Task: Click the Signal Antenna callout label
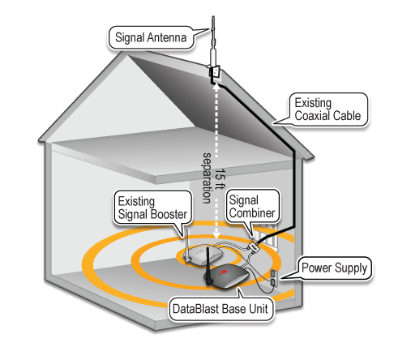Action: pyautogui.click(x=151, y=37)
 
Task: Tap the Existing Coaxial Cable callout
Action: pyautogui.click(x=328, y=109)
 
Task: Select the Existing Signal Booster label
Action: pyautogui.click(x=152, y=208)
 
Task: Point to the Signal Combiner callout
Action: pyautogui.click(x=252, y=207)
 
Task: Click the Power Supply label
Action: pyautogui.click(x=334, y=268)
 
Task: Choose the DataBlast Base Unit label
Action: pyautogui.click(x=221, y=309)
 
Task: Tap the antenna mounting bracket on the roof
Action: pyautogui.click(x=215, y=71)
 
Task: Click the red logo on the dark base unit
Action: pyautogui.click(x=223, y=272)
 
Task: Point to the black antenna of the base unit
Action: pyautogui.click(x=208, y=265)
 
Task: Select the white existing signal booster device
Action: pyautogui.click(x=203, y=254)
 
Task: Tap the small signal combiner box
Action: pyautogui.click(x=254, y=247)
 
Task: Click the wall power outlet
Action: pyautogui.click(x=273, y=278)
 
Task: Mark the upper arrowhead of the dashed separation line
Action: pyautogui.click(x=216, y=87)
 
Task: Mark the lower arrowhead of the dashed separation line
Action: pyautogui.click(x=216, y=234)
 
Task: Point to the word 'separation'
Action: pyautogui.click(x=208, y=178)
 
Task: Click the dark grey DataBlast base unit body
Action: pyautogui.click(x=228, y=277)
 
